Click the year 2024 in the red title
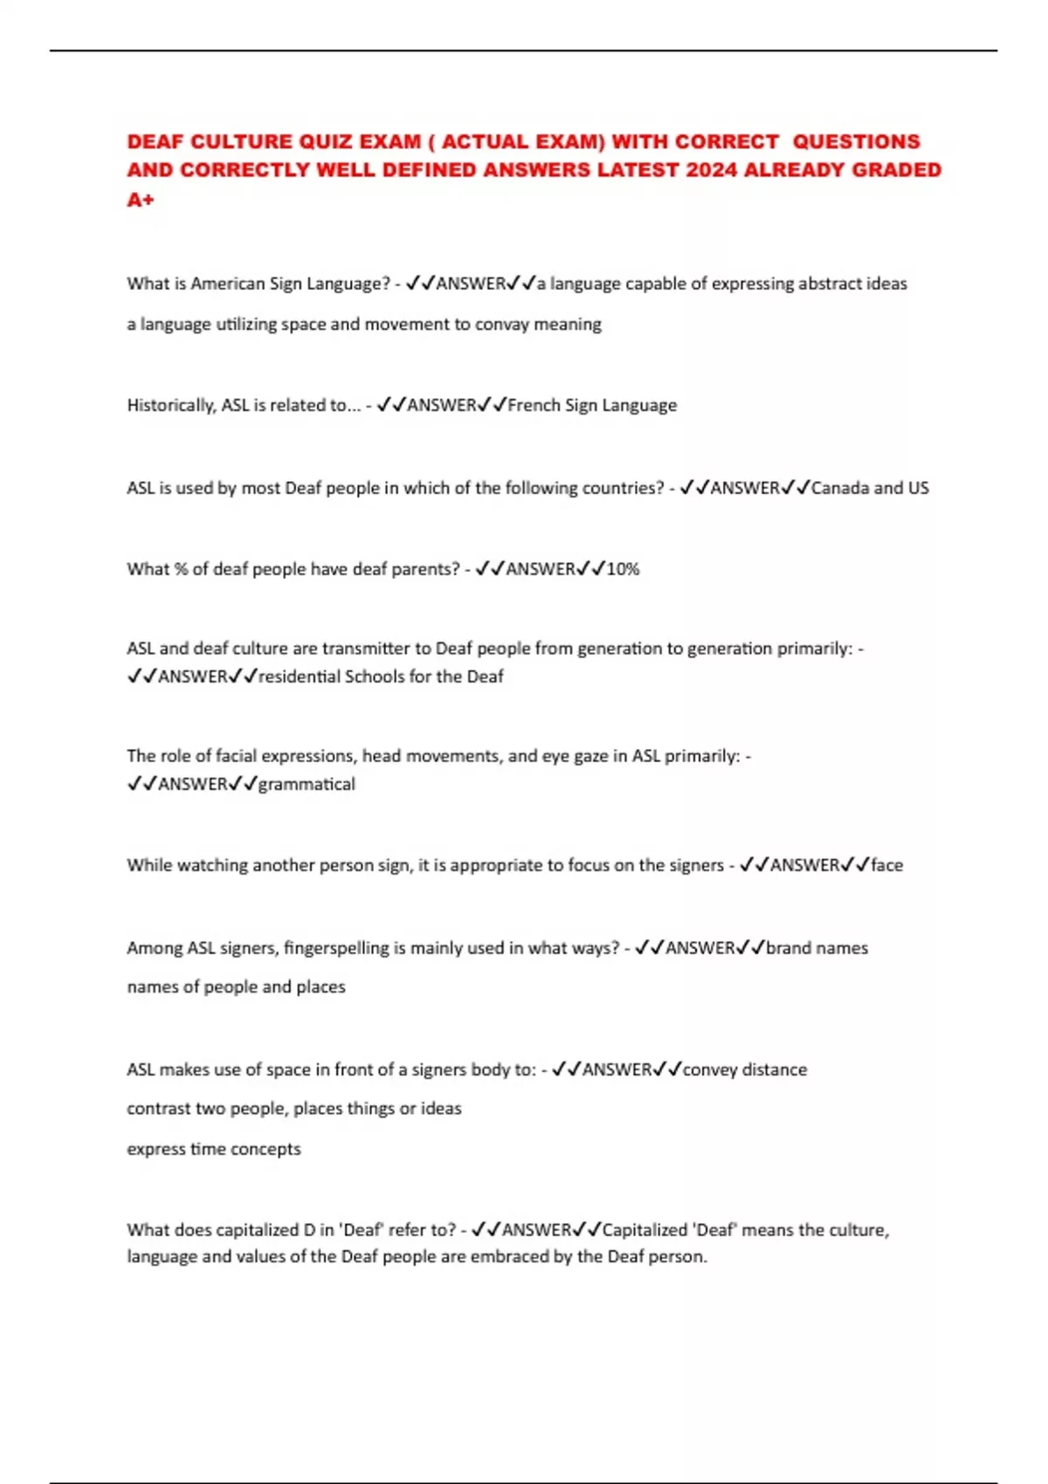click(x=711, y=170)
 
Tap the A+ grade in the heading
click(x=141, y=200)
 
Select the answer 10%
click(x=623, y=569)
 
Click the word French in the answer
click(x=534, y=405)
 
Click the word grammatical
click(x=307, y=784)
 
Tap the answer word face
click(x=886, y=865)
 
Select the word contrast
click(x=158, y=1109)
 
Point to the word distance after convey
click(x=774, y=1069)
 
